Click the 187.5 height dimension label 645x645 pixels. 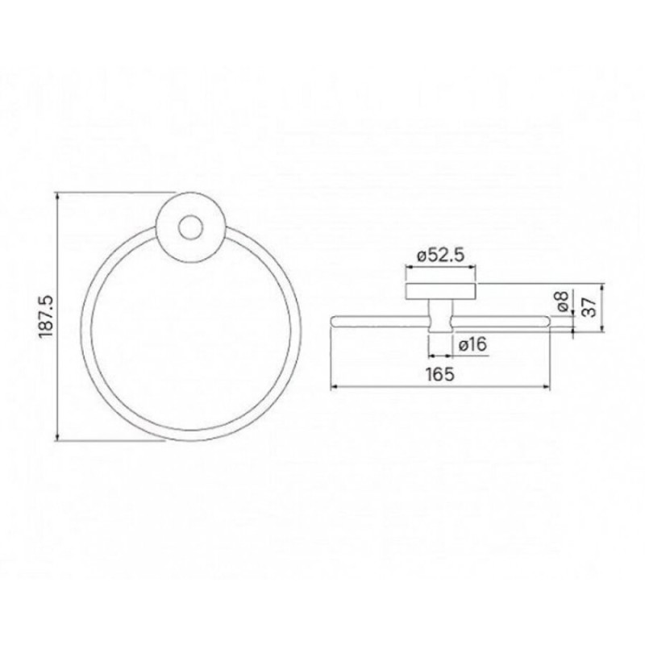47,316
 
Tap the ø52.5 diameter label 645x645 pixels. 440,256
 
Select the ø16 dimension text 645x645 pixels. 472,344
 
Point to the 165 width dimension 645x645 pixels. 440,374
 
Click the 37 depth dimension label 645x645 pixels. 590,307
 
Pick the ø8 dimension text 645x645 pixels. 563,301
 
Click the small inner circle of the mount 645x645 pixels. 190,227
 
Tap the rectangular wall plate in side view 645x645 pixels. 441,292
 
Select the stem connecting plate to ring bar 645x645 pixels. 440,316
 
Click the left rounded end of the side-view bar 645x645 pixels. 333,322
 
